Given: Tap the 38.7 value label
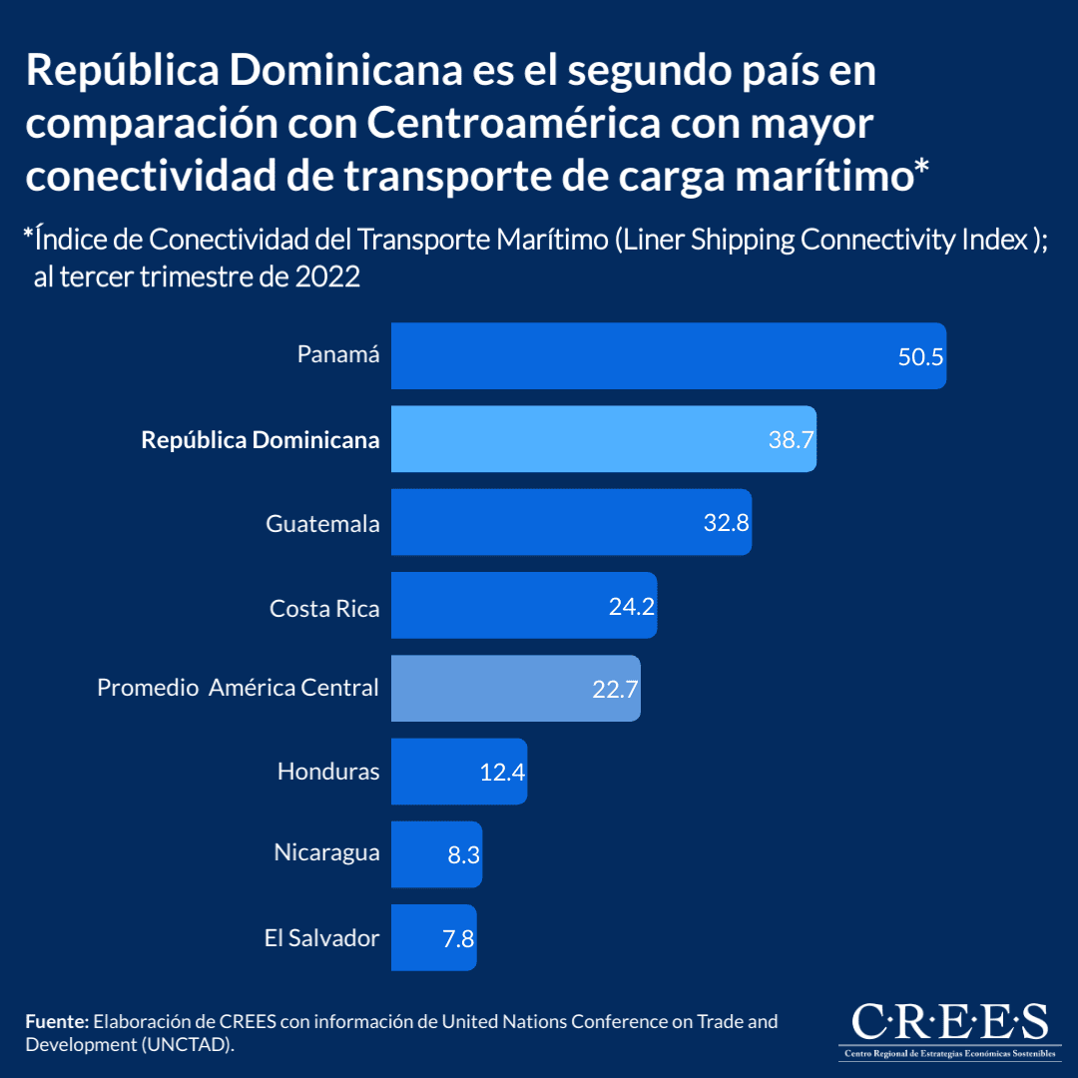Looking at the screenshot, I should [x=791, y=440].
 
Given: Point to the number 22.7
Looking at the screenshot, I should [x=615, y=689].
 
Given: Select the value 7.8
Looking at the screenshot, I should [x=458, y=938].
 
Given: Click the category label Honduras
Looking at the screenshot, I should [x=328, y=771].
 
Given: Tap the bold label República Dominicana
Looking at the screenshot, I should [x=261, y=439].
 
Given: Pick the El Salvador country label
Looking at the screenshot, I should [x=321, y=937].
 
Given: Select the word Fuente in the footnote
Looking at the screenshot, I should [x=57, y=1022].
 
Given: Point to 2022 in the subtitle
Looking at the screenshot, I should [x=326, y=276].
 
